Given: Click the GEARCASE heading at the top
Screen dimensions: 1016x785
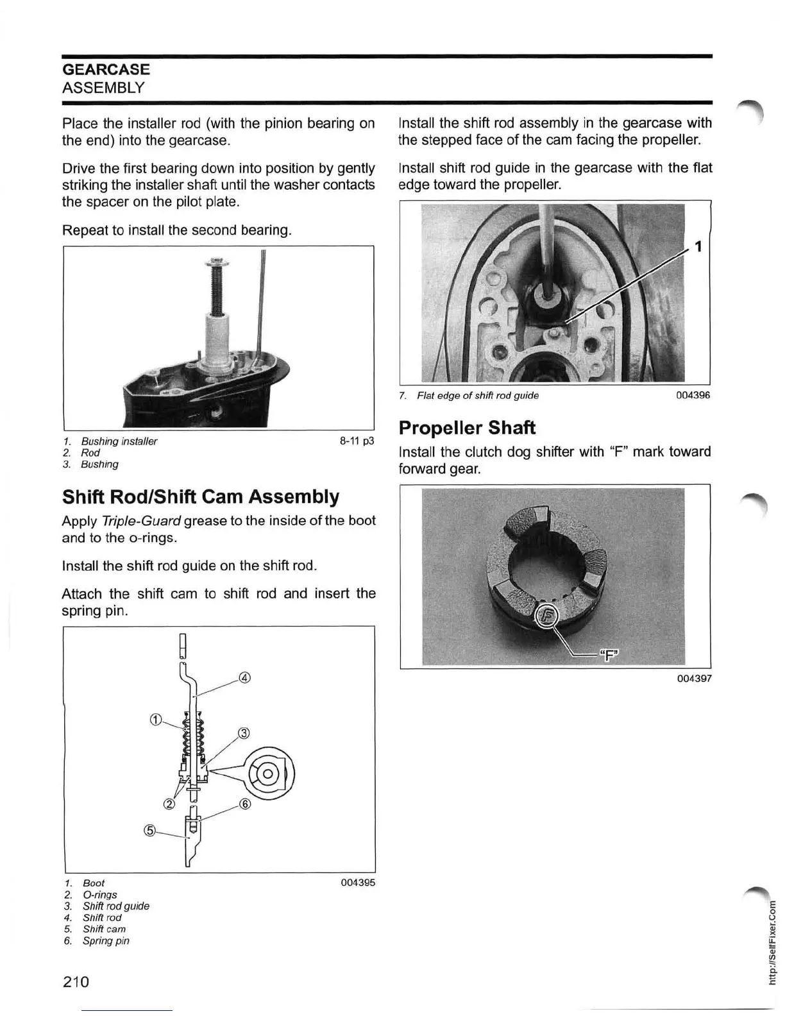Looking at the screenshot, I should [106, 69].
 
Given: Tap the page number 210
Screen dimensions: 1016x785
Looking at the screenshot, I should [76, 981].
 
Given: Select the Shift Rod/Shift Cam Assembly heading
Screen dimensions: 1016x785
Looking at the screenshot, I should [200, 496].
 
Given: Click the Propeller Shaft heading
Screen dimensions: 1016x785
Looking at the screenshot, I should [466, 428].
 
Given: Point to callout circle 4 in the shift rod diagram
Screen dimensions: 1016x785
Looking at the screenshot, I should [244, 677].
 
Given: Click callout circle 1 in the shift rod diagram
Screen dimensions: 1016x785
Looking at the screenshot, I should [155, 719].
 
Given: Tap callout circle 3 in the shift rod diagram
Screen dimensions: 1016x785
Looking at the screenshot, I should [244, 733].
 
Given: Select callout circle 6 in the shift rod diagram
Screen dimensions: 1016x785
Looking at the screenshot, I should [244, 804].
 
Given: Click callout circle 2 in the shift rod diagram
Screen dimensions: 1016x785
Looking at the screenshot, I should [170, 805].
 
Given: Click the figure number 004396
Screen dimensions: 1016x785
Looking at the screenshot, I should [693, 395].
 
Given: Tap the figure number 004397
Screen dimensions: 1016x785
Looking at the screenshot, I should [693, 678].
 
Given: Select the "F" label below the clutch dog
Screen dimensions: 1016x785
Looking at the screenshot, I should [609, 654].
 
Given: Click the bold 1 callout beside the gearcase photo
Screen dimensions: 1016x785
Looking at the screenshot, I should [699, 246].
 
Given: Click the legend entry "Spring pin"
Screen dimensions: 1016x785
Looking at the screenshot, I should [106, 941].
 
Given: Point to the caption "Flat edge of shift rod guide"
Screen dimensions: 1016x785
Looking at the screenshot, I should [477, 395].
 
